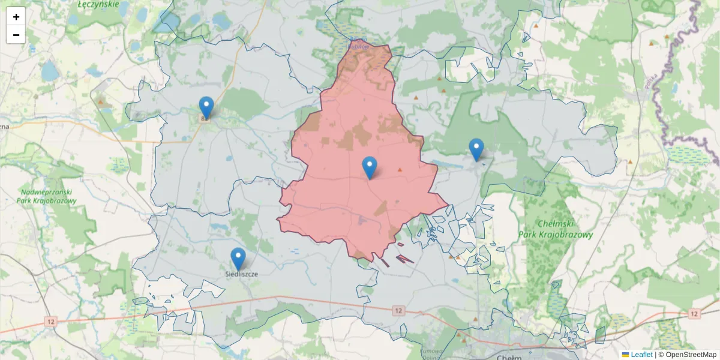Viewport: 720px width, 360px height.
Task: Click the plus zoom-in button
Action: coord(16,16)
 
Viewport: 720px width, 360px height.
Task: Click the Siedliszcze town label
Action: coord(241,274)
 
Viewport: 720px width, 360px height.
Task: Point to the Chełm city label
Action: coord(510,357)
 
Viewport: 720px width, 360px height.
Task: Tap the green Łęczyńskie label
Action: coord(99,4)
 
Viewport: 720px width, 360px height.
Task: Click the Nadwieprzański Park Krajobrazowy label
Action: coord(49,196)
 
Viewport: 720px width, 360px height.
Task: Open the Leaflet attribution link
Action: coord(641,355)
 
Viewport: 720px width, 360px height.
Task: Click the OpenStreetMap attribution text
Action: coord(691,355)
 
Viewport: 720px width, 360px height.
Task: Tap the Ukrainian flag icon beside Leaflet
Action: coord(626,355)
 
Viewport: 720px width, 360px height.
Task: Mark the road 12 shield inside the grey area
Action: coord(398,310)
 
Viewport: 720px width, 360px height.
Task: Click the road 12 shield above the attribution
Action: coord(694,314)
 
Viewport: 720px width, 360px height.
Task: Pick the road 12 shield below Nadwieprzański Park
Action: coord(51,322)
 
